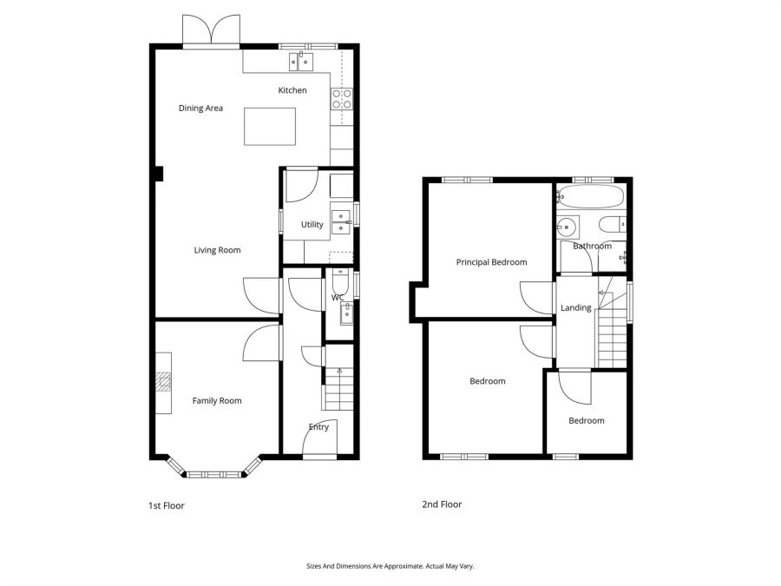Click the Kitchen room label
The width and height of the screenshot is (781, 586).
[292, 90]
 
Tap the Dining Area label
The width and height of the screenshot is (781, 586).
[200, 109]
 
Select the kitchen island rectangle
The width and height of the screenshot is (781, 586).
[270, 126]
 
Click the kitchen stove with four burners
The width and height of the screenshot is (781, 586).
[341, 99]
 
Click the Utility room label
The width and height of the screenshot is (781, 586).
[312, 225]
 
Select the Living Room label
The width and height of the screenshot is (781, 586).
[217, 250]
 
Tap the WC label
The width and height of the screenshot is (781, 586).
[338, 298]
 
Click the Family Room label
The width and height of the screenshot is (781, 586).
[217, 401]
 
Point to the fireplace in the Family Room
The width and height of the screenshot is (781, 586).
[163, 383]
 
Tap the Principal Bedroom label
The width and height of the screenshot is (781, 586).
[491, 262]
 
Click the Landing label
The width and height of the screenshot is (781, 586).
[576, 307]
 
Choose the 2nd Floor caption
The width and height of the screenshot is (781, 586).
[442, 504]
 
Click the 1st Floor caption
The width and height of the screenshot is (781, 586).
[165, 505]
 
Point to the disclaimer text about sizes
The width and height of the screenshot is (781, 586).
[390, 566]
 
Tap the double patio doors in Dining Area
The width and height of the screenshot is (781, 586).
[212, 31]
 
